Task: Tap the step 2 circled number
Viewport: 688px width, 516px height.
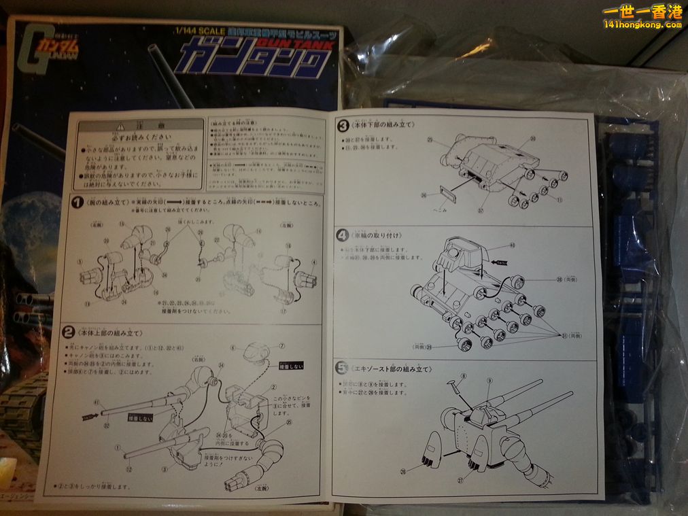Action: [68, 332]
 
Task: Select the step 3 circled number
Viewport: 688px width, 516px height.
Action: [343, 125]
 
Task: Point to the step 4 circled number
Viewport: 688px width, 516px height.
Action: [343, 235]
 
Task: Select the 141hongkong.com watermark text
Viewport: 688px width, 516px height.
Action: [642, 24]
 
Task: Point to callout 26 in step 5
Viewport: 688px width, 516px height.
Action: [402, 471]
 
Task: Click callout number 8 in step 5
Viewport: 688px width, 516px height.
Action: [463, 376]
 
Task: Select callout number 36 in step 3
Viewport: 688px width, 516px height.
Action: [423, 195]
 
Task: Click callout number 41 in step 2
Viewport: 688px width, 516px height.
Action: [97, 401]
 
